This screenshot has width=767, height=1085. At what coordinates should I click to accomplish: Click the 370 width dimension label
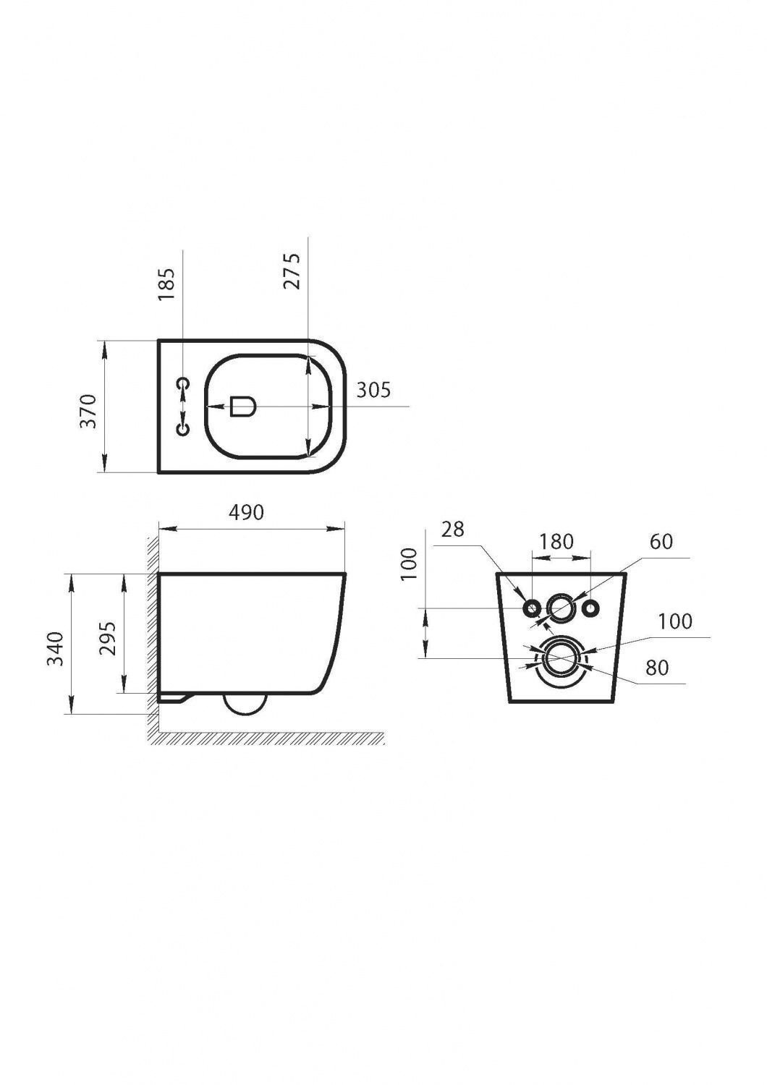[89, 412]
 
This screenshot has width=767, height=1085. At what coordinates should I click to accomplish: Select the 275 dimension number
[291, 271]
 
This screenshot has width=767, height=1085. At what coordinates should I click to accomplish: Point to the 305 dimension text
[373, 389]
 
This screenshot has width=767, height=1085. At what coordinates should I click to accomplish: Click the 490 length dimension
[247, 512]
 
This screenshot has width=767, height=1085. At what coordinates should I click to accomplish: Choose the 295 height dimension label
[108, 638]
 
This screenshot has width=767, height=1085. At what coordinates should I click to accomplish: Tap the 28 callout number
[452, 529]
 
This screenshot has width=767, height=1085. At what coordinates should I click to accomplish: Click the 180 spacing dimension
[556, 542]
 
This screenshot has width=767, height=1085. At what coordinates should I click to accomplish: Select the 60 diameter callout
[661, 542]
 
